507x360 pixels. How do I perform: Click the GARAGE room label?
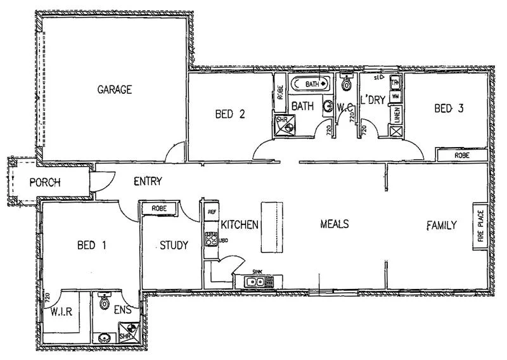tap(115, 89)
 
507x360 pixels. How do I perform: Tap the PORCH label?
tap(45, 183)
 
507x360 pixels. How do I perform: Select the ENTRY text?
tap(148, 181)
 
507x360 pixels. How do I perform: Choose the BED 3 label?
tap(449, 108)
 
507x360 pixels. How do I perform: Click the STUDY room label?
tap(174, 245)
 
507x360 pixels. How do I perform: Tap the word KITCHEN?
tap(240, 224)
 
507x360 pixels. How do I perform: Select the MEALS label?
tap(335, 224)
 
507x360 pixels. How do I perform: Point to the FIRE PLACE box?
tap(480, 226)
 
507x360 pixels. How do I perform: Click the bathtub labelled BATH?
tap(311, 84)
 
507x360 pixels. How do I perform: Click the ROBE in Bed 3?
tap(461, 155)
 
